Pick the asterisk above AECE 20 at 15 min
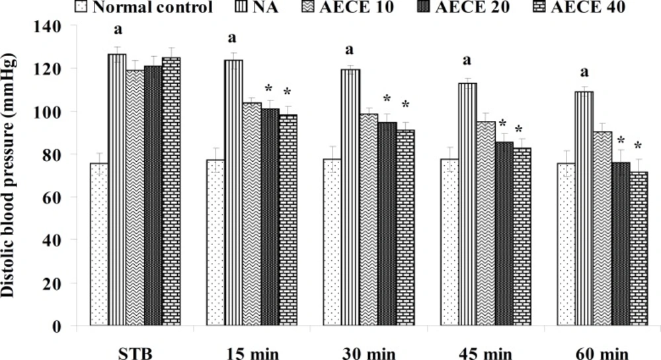click(269, 89)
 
